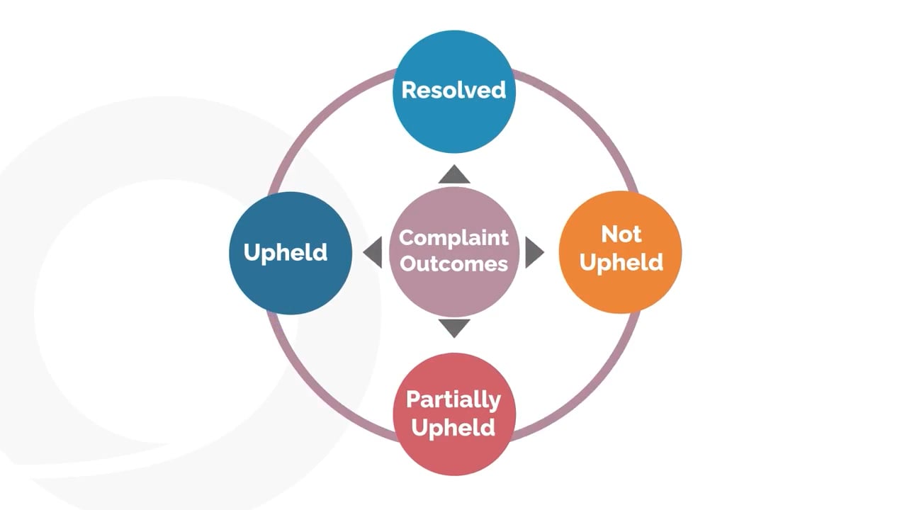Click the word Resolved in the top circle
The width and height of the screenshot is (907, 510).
(x=453, y=90)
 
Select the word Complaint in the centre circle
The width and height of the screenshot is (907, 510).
(x=453, y=238)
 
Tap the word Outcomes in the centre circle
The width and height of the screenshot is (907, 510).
(x=453, y=263)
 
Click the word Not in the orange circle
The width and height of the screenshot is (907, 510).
(x=621, y=234)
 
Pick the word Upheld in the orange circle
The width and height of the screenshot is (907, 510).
(x=621, y=262)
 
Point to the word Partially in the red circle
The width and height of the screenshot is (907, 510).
(x=453, y=399)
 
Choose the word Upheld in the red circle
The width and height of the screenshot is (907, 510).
(x=453, y=428)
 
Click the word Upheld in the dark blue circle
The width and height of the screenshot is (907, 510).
(x=286, y=252)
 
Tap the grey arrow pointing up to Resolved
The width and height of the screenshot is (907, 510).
(x=454, y=176)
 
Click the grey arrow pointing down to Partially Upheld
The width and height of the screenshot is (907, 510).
(x=454, y=327)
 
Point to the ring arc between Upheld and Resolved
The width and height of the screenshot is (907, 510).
(x=322, y=122)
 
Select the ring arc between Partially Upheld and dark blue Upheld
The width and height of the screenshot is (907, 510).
(x=322, y=384)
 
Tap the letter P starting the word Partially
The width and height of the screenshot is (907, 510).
(x=412, y=399)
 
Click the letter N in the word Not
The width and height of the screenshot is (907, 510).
(x=608, y=234)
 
